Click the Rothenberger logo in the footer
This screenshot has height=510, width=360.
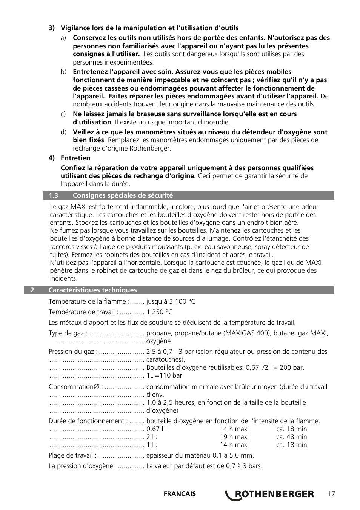(x=269, y=494)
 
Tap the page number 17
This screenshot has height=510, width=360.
(x=331, y=494)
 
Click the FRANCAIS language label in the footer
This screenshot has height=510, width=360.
(x=180, y=494)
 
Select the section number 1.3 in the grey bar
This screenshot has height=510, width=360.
(x=54, y=195)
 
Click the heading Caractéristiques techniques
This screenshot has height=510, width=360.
(x=92, y=290)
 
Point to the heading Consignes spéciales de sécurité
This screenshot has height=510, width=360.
(x=123, y=195)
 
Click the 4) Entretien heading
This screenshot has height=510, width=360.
(x=69, y=158)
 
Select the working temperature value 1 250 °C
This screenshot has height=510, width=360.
(x=159, y=312)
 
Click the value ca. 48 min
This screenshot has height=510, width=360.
(x=291, y=437)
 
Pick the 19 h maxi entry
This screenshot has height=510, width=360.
(x=234, y=437)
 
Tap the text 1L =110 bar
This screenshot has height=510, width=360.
(x=164, y=375)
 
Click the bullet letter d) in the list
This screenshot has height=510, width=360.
(x=64, y=132)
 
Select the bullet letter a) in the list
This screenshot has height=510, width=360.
(x=64, y=38)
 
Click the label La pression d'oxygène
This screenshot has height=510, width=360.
(x=82, y=466)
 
